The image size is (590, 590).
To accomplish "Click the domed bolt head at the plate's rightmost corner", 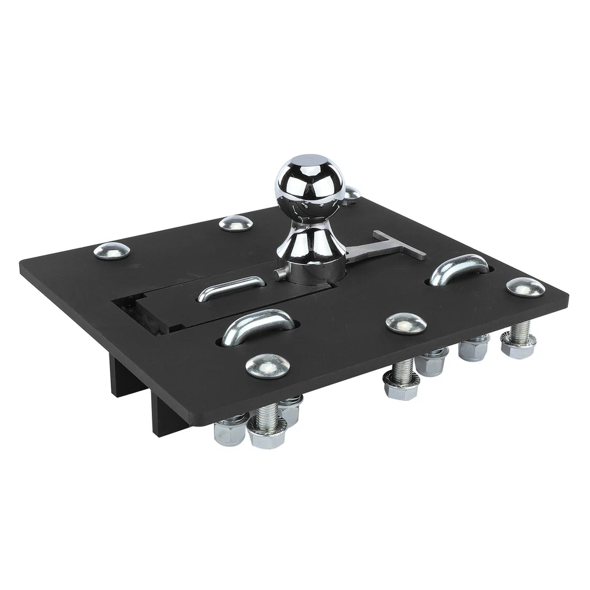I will [525, 286].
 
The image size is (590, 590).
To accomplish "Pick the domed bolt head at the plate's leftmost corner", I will [111, 250].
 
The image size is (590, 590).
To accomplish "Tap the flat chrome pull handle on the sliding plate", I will [231, 288].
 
